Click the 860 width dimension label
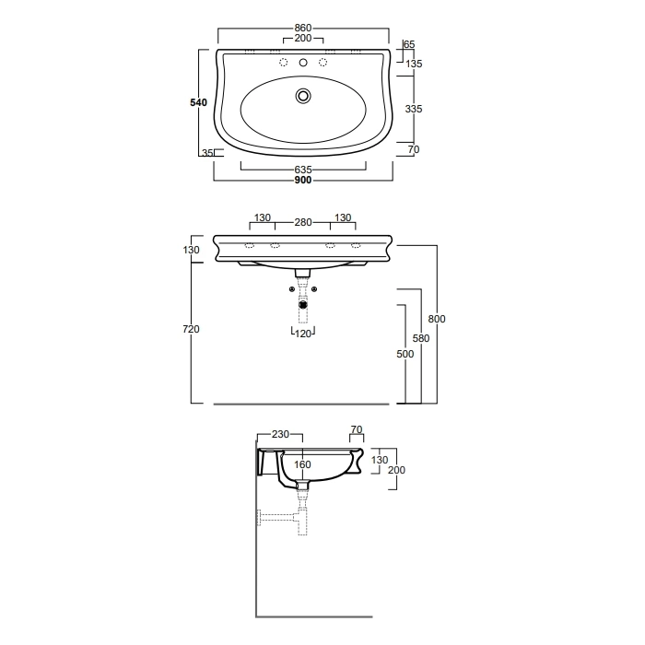coord(303,28)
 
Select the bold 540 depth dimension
coord(199,102)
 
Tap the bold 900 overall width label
coord(303,181)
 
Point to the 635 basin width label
coord(303,170)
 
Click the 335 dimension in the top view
coord(414,109)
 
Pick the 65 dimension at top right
coord(410,44)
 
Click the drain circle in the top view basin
coord(303,96)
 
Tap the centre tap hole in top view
coord(303,63)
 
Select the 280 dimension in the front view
coord(303,222)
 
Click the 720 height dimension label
coord(192,329)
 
